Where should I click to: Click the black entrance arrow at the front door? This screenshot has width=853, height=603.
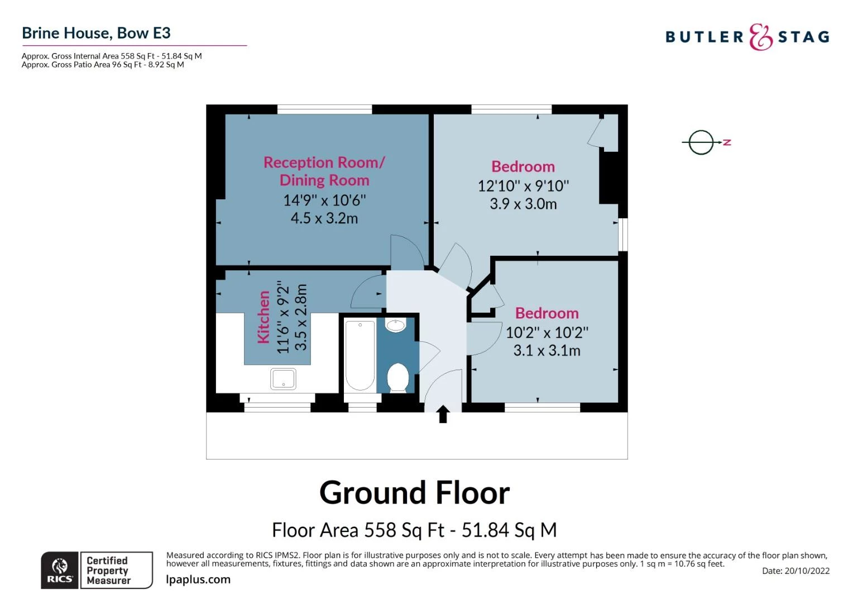[443, 414]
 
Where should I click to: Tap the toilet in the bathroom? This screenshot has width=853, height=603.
[397, 377]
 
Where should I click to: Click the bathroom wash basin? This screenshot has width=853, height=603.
[396, 325]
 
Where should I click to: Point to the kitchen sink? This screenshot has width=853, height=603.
[283, 379]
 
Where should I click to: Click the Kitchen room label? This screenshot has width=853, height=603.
[263, 317]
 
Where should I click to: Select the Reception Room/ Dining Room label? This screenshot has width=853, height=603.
[324, 171]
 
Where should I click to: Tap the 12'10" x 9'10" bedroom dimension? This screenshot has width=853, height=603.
[523, 186]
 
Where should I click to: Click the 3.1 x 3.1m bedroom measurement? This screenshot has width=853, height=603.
[547, 351]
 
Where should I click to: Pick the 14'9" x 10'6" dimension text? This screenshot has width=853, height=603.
[324, 200]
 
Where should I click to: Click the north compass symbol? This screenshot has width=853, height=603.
[702, 142]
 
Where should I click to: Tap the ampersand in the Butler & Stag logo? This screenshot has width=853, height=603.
[760, 37]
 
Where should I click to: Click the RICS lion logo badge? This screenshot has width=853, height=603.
[60, 570]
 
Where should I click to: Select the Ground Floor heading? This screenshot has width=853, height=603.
[414, 493]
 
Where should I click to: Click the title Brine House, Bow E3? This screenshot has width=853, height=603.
[96, 33]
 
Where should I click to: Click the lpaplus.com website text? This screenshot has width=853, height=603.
[198, 580]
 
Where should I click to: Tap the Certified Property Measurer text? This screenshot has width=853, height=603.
[108, 570]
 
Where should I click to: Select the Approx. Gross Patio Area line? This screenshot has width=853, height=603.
[103, 65]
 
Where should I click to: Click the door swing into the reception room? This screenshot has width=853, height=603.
[406, 252]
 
